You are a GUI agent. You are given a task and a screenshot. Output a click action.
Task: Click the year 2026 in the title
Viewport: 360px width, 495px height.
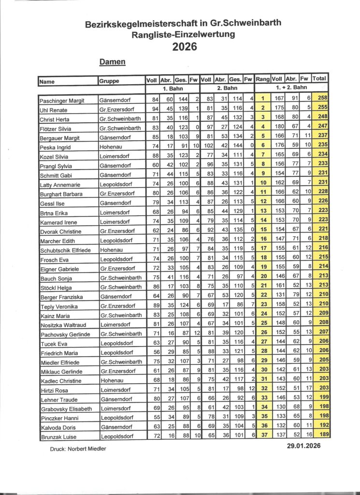click(x=185, y=47)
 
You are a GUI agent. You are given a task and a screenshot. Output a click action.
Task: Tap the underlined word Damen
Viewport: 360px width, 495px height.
click(x=113, y=62)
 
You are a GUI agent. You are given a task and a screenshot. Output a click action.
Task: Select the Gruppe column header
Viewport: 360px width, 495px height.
click(x=110, y=81)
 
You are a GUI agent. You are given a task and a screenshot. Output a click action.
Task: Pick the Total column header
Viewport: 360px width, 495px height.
click(x=320, y=79)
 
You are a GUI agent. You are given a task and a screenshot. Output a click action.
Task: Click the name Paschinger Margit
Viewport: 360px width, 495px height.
click(x=62, y=100)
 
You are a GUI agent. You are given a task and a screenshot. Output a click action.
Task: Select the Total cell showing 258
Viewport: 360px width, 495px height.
click(x=320, y=99)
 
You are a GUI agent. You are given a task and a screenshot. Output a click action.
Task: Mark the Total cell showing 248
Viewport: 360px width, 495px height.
click(x=320, y=117)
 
